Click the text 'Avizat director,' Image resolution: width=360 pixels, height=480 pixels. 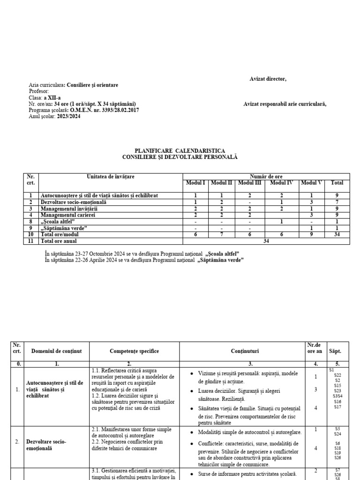(x=268, y=79)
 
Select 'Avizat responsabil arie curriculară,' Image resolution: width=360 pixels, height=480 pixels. (x=285, y=104)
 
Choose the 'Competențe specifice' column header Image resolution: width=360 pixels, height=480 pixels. (x=135, y=351)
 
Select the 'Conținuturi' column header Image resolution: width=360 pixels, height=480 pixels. (x=244, y=351)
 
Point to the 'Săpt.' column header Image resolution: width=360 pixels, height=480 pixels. (x=335, y=351)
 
